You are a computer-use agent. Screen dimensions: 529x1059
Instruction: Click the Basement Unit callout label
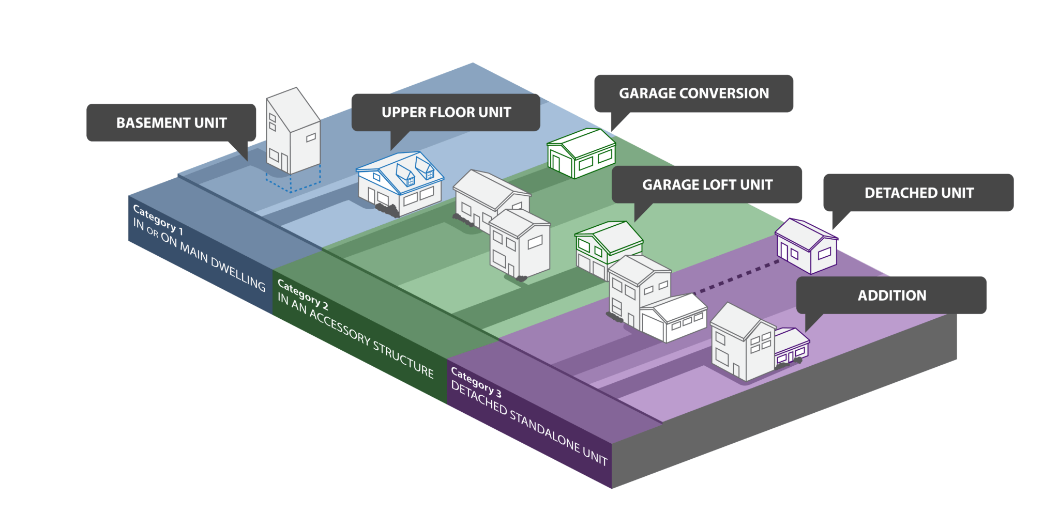click(x=171, y=123)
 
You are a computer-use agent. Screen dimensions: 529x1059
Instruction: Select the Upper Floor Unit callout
click(x=446, y=113)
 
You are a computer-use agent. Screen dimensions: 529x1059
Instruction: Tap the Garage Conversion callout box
click(x=693, y=94)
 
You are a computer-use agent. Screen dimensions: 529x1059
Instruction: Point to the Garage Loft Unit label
click(x=707, y=185)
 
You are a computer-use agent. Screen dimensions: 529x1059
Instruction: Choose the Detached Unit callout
click(x=918, y=193)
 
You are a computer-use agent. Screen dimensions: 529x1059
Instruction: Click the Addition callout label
click(x=891, y=295)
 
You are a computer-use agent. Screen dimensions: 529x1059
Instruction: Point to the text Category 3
click(x=476, y=382)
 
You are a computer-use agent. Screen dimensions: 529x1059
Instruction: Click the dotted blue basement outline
click(x=293, y=181)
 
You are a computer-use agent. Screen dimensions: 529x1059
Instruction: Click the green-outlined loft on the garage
click(x=609, y=239)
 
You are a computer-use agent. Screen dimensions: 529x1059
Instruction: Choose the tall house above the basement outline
click(x=293, y=132)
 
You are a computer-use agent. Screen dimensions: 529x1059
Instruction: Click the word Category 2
click(x=303, y=294)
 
